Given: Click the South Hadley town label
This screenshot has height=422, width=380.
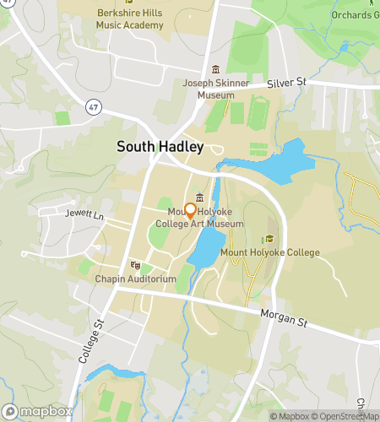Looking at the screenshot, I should (x=160, y=147).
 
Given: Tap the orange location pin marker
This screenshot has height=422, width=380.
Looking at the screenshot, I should (x=191, y=210).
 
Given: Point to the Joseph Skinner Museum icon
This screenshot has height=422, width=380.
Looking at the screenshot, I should (x=214, y=70).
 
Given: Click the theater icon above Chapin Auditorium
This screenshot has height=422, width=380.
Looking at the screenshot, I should (x=135, y=265).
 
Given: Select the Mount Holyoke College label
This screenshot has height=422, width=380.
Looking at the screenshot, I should (x=269, y=252).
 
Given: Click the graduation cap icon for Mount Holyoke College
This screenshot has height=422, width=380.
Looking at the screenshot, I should (x=269, y=239).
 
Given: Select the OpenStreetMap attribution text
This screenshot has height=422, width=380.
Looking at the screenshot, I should (x=345, y=416).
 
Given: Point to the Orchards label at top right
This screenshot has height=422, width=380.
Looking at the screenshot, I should (x=354, y=15).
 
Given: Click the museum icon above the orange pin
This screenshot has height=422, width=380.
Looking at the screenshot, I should (x=199, y=197).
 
